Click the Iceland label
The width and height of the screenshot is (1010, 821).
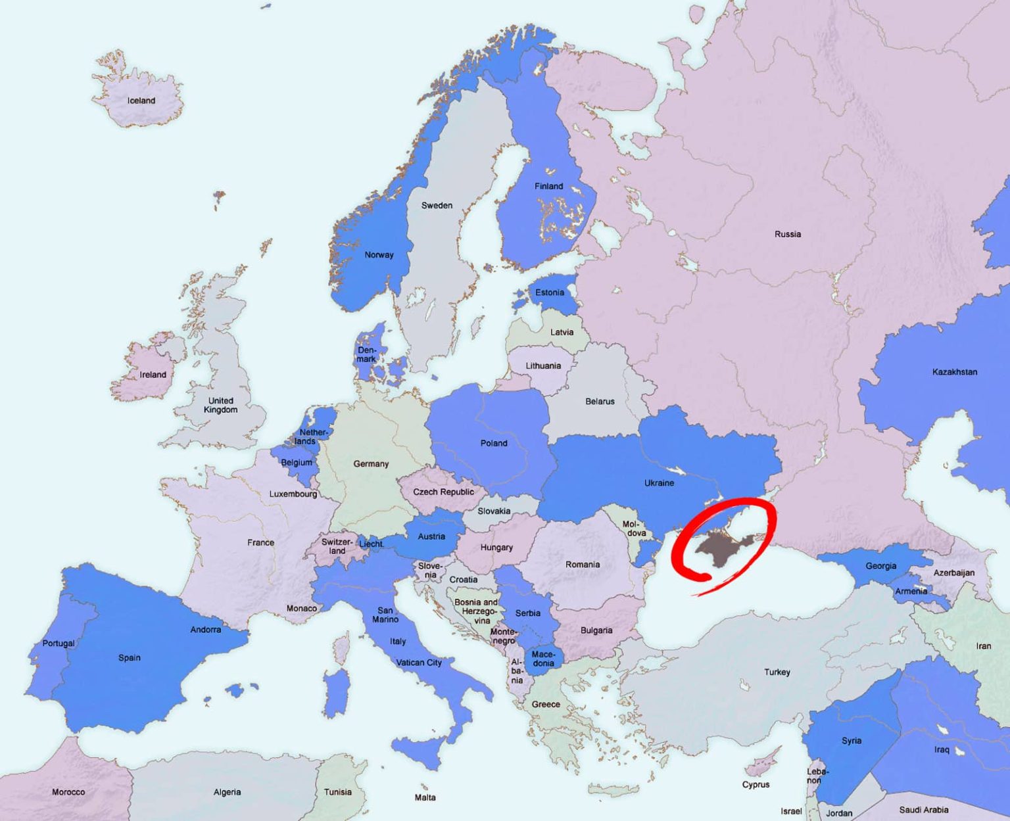[x=141, y=101]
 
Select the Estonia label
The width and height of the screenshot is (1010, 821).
[x=550, y=293]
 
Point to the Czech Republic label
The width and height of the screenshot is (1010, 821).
[x=443, y=492]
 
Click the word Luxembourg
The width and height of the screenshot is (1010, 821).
[x=293, y=494]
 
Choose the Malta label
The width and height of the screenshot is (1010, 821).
[x=425, y=797]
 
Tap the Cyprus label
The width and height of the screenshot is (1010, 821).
[x=756, y=784]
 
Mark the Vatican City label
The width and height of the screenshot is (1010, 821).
[x=419, y=663]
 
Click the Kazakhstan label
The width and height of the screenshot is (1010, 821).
[x=955, y=372]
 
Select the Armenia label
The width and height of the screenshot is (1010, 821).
[x=911, y=591]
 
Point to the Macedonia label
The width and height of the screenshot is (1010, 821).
[x=543, y=659]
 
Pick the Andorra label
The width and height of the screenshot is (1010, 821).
[x=206, y=630]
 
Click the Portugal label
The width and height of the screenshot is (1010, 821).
[x=59, y=643]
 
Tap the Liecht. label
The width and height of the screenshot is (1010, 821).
[x=372, y=544]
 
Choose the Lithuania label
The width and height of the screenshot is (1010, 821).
[x=543, y=365]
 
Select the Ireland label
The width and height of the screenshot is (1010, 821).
[x=153, y=375]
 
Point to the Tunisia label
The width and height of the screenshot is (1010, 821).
[x=337, y=792]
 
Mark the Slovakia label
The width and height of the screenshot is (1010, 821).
[x=494, y=511]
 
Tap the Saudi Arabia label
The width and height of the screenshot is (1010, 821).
[x=924, y=810]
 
